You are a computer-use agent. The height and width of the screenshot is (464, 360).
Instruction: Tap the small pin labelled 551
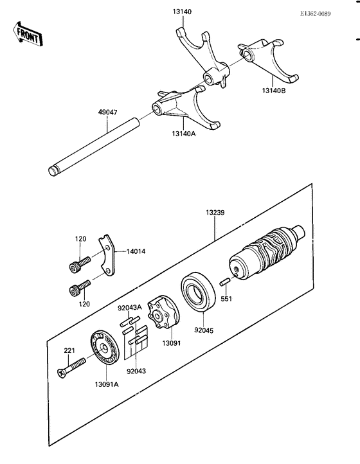coord(226,281)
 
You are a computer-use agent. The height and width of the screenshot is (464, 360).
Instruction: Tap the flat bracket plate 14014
coord(107,256)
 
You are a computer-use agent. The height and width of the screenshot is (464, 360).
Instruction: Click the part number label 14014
coord(136,252)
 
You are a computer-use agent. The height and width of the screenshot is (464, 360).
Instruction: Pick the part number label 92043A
coord(129,307)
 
